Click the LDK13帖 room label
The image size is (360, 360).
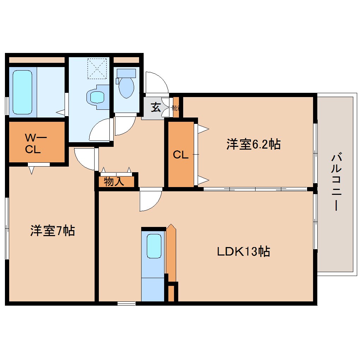pyautogui.click(x=243, y=252)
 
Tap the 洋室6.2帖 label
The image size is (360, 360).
pyautogui.click(x=253, y=144)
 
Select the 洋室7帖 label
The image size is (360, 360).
pyautogui.click(x=52, y=231)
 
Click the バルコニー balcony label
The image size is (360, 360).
pyautogui.click(x=336, y=181)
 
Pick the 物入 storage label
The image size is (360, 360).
pyautogui.click(x=114, y=182)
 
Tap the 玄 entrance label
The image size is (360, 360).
pyautogui.click(x=156, y=107)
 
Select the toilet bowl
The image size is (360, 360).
pyautogui.click(x=126, y=88)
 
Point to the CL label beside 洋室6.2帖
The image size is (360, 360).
pyautogui.click(x=180, y=154)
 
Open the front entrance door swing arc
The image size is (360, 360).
pyautogui.click(x=157, y=83)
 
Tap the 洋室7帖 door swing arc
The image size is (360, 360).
pyautogui.click(x=84, y=158)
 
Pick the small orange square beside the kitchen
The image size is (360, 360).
pyautogui.click(x=171, y=293)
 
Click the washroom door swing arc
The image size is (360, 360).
pyautogui.click(x=101, y=131)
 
